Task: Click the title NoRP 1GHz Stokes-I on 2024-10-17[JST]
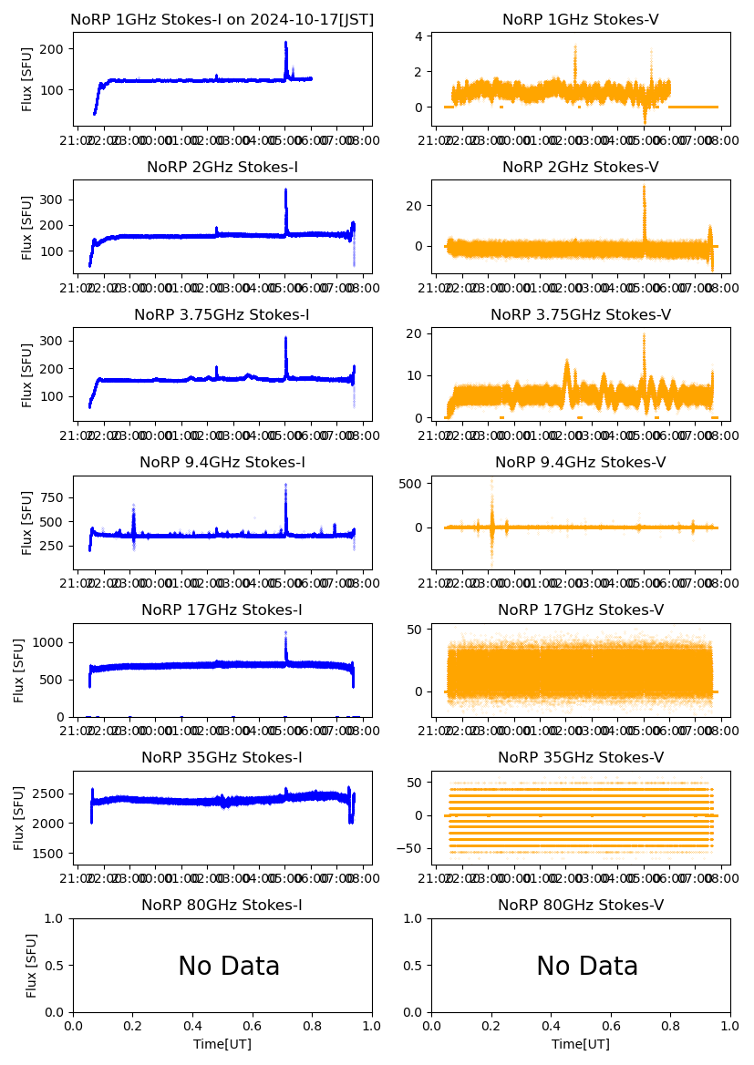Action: pyautogui.click(x=222, y=19)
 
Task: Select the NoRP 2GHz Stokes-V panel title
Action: pyautogui.click(x=581, y=167)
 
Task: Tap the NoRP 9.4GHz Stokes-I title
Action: pyautogui.click(x=222, y=462)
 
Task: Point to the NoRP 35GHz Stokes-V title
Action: pyautogui.click(x=581, y=757)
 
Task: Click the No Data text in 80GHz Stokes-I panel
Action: pyautogui.click(x=229, y=966)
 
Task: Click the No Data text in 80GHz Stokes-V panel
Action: pyautogui.click(x=587, y=966)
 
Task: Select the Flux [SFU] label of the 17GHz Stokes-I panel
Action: pyautogui.click(x=19, y=670)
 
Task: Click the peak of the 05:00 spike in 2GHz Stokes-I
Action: pyautogui.click(x=285, y=189)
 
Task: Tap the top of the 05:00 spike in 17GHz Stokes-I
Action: pyautogui.click(x=285, y=632)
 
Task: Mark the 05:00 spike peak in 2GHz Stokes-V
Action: pyautogui.click(x=644, y=186)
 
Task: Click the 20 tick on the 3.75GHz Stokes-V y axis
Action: pyautogui.click(x=417, y=333)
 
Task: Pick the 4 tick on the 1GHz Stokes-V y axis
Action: pyautogui.click(x=420, y=36)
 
